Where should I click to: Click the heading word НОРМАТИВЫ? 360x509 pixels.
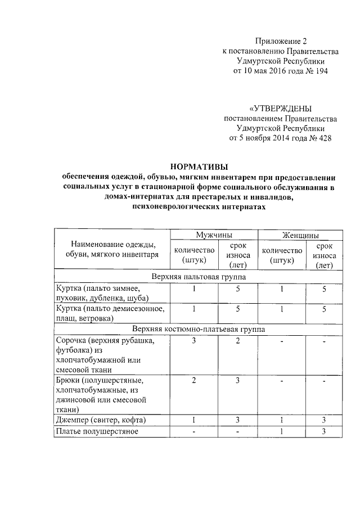coord(199,166)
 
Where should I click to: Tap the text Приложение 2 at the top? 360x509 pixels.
coord(281,41)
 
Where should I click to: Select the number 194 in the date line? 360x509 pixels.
coord(318,71)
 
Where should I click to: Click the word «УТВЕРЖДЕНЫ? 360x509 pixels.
coord(280,108)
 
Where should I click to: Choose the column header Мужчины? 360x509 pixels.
coord(214,235)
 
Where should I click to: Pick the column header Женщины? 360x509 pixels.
coord(300,235)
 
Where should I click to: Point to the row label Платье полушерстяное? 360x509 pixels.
coord(97,431)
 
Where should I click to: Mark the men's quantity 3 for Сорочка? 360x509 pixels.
coord(193,341)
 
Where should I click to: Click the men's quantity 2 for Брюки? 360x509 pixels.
coord(193,381)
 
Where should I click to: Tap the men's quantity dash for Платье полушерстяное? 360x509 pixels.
coord(193,431)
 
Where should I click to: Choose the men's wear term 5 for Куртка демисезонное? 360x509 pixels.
coord(237,309)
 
